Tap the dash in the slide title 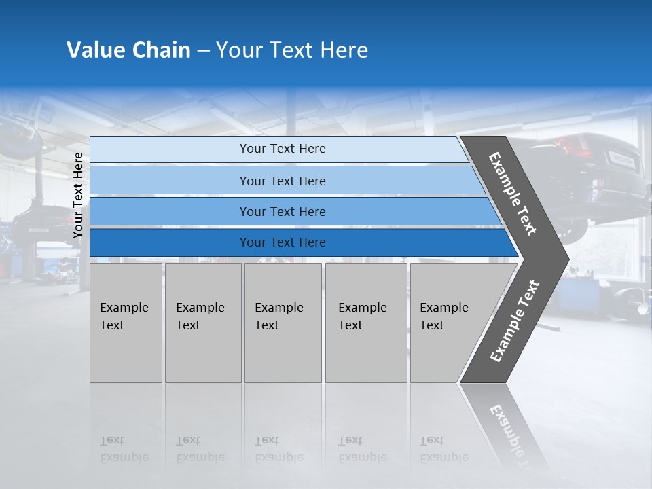(x=203, y=51)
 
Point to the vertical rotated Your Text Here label (x=78, y=195)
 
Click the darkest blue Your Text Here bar (x=282, y=242)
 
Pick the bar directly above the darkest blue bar (x=282, y=212)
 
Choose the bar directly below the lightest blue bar (x=282, y=181)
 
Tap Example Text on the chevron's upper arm (x=513, y=194)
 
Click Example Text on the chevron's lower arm (x=514, y=321)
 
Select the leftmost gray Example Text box (x=126, y=323)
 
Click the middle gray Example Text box (x=283, y=323)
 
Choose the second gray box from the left (x=203, y=323)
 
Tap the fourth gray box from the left (x=366, y=323)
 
